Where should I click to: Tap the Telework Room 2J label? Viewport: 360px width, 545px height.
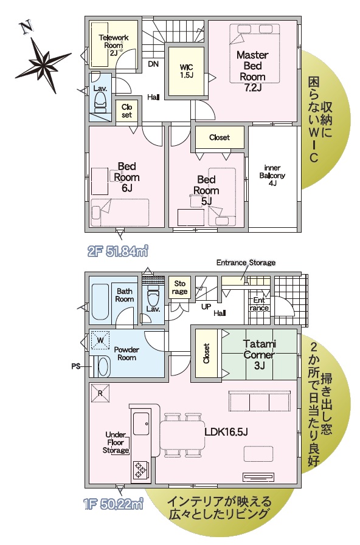point(114,45)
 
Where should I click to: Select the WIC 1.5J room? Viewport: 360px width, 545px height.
point(187,71)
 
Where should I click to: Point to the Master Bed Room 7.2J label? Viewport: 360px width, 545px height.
point(252,71)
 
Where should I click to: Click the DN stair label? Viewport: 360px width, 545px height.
point(153,64)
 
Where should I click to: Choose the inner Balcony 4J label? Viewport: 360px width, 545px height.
point(272,175)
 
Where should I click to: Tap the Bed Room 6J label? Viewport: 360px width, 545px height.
point(126,177)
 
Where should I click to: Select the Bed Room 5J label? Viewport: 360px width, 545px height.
point(206,190)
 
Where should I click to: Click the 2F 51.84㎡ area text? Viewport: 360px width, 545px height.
point(117,250)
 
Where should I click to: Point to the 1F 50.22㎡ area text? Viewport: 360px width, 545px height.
point(114,504)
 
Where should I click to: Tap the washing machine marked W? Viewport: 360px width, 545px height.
point(100,340)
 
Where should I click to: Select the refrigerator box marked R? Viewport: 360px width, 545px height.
point(100,393)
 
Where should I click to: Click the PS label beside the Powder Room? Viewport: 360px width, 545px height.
point(76,366)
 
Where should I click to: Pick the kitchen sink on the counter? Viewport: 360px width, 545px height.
point(142,424)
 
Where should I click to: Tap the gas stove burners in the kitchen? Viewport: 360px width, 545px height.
point(141,469)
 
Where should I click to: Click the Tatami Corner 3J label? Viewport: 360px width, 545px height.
point(259,355)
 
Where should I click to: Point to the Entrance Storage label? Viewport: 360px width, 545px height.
point(246,262)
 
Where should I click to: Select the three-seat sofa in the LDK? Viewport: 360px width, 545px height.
point(260,401)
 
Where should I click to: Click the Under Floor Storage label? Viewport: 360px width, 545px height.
point(116,442)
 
